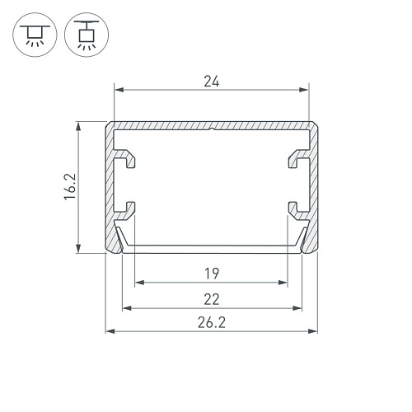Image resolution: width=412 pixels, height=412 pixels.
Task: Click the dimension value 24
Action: pos(212,82)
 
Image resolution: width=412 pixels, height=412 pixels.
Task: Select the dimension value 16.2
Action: pos(70,187)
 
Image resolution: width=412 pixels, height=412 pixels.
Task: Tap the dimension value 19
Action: pos(212,274)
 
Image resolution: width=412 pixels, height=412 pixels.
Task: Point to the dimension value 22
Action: pos(212,299)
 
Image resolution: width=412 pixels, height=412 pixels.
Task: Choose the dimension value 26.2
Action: pos(212,323)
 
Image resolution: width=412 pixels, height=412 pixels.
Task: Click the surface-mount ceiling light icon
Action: pos(35,35)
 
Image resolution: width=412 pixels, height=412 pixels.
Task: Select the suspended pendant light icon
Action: pos(87,35)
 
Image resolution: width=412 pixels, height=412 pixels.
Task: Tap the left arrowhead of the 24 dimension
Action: pos(119,90)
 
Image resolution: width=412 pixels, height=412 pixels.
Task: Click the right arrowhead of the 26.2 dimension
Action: pos(313,331)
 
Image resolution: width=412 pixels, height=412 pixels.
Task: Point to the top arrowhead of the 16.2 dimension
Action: pos(78,127)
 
